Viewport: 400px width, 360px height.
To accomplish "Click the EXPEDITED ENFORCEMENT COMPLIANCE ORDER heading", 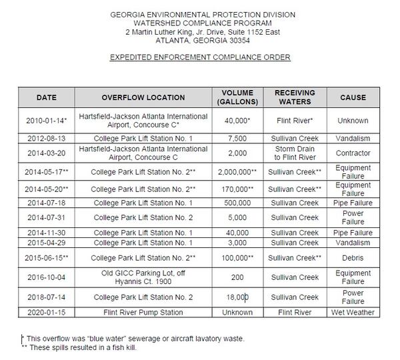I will [200, 57].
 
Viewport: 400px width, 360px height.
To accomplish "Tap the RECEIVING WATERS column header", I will [293, 97].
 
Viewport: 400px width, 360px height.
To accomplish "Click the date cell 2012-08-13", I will [47, 138].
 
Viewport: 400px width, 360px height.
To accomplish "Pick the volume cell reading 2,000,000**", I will [236, 171].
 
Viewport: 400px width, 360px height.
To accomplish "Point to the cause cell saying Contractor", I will [353, 153].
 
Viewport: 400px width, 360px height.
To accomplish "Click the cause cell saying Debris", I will [353, 257].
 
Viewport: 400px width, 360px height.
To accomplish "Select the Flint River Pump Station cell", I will [143, 312].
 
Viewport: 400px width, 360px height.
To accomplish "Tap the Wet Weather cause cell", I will [353, 312].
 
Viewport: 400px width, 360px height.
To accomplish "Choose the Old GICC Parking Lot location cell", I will [143, 277].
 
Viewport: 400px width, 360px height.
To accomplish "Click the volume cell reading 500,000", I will [236, 203].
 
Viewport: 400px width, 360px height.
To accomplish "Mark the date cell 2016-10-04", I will [47, 277].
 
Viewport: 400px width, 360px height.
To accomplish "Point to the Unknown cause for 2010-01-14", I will [353, 121].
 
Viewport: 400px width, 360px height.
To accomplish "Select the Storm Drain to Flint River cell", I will [293, 153].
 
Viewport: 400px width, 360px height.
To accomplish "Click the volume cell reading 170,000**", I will [236, 189].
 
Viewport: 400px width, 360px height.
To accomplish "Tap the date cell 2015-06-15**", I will [47, 257].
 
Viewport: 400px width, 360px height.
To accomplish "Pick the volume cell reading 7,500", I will [236, 138].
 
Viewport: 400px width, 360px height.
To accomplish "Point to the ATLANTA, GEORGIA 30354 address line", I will [200, 40].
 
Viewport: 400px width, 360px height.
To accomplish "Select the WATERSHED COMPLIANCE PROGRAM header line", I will [200, 23].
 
